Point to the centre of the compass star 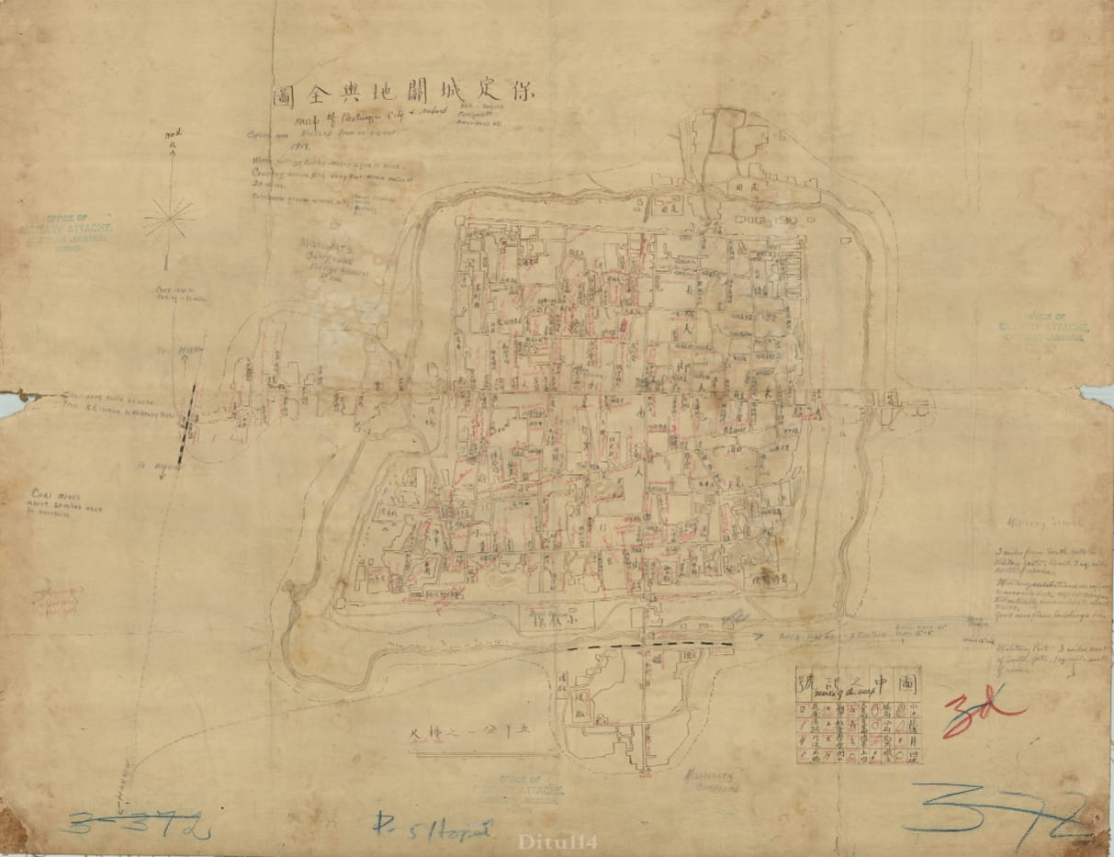click(x=169, y=219)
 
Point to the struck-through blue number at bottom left click(x=138, y=824)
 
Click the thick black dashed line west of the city click(x=188, y=423)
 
